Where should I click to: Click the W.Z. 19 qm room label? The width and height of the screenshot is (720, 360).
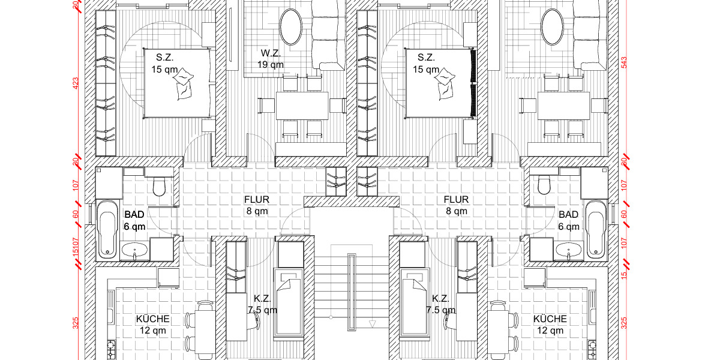(x=271, y=59)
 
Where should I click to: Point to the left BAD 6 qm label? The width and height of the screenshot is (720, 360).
(x=134, y=220)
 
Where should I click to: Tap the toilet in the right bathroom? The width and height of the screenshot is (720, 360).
(x=544, y=185)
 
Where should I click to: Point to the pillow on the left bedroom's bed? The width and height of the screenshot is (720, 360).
(x=184, y=84)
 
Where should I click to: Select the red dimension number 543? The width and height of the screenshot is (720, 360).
(x=623, y=63)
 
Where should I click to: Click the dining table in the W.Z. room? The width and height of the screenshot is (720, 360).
(x=302, y=105)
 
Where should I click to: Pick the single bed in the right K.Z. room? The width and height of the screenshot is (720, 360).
(x=413, y=303)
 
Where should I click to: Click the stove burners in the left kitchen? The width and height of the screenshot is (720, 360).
(x=110, y=346)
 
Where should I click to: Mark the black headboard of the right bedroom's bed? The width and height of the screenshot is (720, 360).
(x=473, y=83)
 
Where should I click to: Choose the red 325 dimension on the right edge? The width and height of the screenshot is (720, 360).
(x=623, y=323)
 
